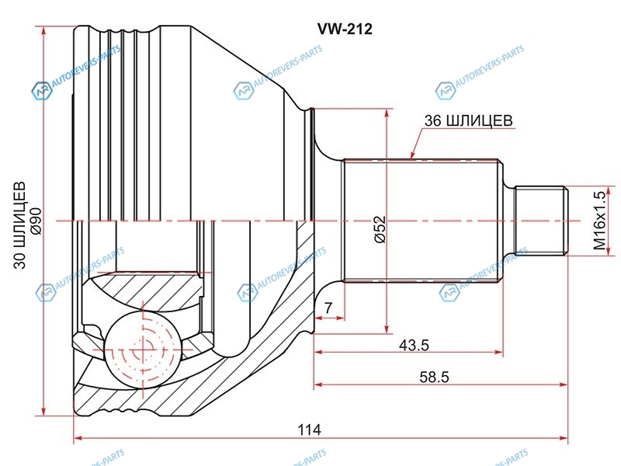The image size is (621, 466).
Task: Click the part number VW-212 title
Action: coord(345,29)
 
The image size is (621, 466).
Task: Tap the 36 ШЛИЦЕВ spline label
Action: coord(469,120)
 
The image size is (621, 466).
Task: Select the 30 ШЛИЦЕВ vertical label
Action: coord(20,225)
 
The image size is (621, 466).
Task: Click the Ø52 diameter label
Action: coord(380,229)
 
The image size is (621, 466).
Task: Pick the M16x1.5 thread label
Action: coord(599,221)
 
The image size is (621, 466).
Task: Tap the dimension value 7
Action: coord(328,308)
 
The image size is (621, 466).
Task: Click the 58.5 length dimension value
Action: coord(435,377)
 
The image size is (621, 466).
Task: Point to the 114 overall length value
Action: coord(310,429)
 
